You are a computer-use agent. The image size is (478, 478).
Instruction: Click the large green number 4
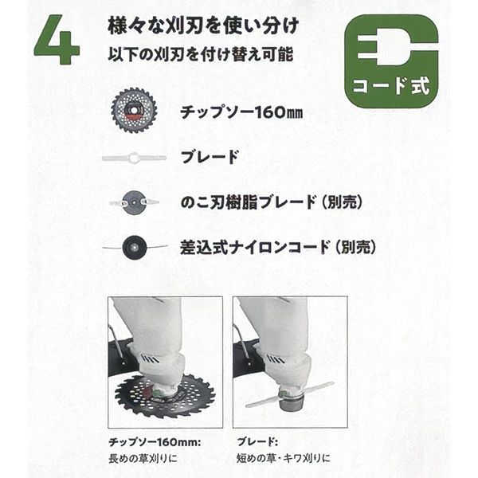click(57, 40)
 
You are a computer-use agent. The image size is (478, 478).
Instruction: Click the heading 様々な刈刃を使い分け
click(203, 26)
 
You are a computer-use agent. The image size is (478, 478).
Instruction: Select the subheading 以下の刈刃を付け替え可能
click(201, 54)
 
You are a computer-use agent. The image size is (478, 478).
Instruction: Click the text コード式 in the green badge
click(391, 86)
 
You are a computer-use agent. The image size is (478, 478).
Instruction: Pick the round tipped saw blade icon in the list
click(134, 110)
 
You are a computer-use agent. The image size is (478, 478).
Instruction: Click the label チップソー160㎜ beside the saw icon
click(241, 112)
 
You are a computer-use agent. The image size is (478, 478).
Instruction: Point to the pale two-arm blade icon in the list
click(134, 158)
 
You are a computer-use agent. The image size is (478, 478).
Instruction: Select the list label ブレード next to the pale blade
click(210, 157)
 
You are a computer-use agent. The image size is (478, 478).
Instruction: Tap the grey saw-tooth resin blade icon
click(134, 202)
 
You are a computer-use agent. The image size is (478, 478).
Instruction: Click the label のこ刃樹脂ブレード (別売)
click(272, 202)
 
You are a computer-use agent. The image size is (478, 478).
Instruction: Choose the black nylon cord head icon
click(135, 247)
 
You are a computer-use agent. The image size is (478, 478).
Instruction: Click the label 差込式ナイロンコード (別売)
click(277, 247)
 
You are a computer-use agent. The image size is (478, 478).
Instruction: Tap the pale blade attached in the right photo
click(290, 394)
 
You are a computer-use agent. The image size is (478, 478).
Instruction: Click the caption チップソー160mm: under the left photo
click(155, 442)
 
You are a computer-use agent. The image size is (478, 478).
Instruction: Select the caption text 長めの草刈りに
click(143, 458)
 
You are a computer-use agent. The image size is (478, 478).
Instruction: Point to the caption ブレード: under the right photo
click(257, 442)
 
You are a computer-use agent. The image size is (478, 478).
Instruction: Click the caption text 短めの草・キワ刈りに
click(284, 458)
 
